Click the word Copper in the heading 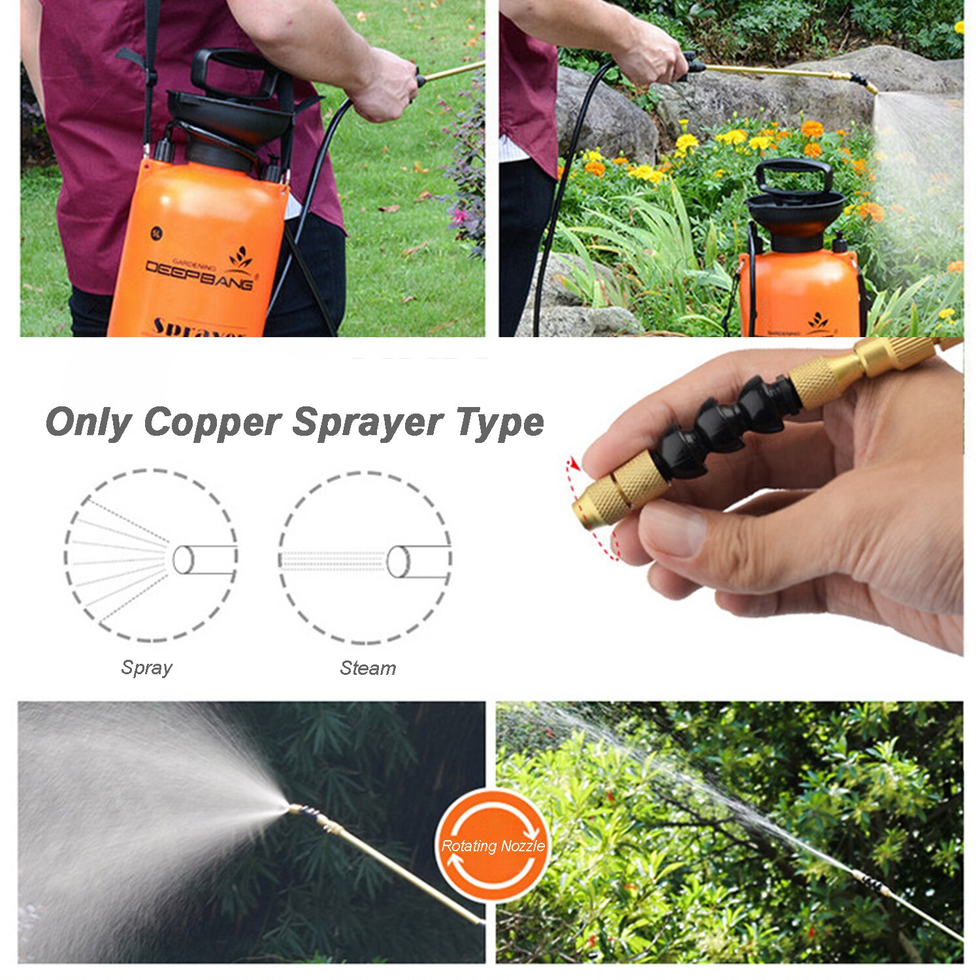pyautogui.click(x=212, y=423)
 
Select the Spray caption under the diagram pyautogui.click(x=146, y=668)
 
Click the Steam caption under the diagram pyautogui.click(x=368, y=668)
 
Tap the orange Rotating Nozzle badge pyautogui.click(x=493, y=845)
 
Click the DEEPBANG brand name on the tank pyautogui.click(x=199, y=274)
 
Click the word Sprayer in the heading pyautogui.click(x=368, y=423)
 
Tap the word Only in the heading pyautogui.click(x=88, y=423)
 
